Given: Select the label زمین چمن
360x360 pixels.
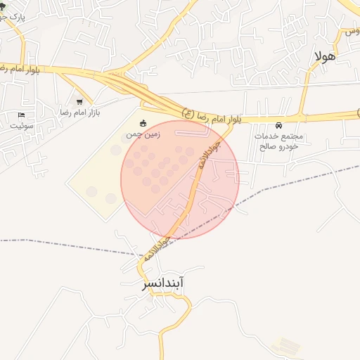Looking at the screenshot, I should point(143,134).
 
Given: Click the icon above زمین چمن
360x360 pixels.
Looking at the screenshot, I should point(143,124).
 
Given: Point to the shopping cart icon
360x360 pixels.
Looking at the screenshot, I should point(79,102).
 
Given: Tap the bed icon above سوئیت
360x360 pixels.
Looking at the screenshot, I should point(21,115).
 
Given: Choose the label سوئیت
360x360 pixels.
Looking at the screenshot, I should point(21,125).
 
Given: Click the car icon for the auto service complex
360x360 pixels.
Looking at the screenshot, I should point(280,125).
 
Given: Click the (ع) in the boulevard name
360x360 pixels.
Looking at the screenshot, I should point(188,112).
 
